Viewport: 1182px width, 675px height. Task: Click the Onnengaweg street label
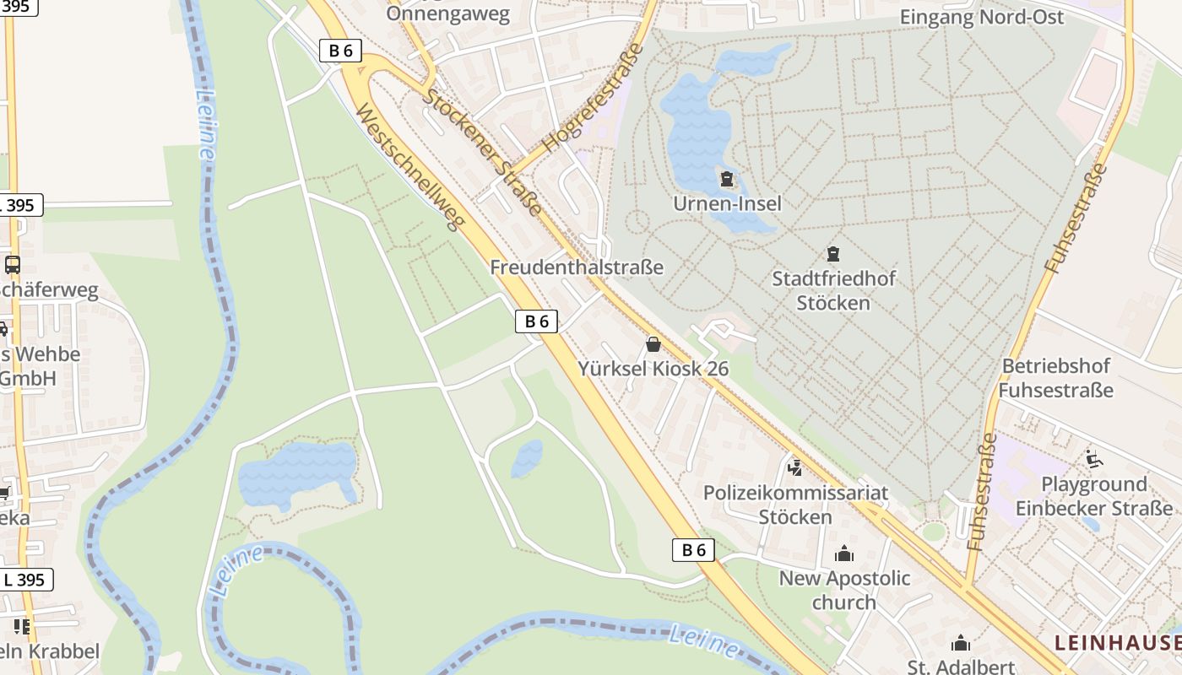[x=448, y=13]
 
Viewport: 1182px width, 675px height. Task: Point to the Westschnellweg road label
[x=411, y=168]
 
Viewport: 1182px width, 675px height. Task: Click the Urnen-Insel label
[x=727, y=203]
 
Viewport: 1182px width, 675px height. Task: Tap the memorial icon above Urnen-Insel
[x=727, y=179]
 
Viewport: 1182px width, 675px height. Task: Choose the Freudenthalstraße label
[x=577, y=267]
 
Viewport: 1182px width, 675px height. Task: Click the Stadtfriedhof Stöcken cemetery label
[x=833, y=289]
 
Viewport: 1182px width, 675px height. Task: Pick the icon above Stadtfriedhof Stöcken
[x=833, y=253]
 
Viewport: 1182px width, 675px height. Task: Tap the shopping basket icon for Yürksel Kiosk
[x=653, y=344]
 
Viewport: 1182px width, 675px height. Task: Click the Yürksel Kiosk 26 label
[x=653, y=369]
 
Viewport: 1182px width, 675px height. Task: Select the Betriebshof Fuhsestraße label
[x=1055, y=378]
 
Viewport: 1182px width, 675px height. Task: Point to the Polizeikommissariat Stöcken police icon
[x=794, y=467]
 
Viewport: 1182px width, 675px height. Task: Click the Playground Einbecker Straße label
[x=1093, y=496]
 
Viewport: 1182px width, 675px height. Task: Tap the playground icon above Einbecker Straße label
[x=1093, y=460]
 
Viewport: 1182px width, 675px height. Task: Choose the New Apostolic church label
[x=844, y=590]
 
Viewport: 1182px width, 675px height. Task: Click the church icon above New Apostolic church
[x=843, y=554]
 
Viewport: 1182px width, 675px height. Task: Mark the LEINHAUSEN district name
[x=1117, y=643]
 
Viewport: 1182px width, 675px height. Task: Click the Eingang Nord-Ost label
[x=982, y=17]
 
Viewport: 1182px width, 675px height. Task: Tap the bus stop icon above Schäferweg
[x=12, y=265]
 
